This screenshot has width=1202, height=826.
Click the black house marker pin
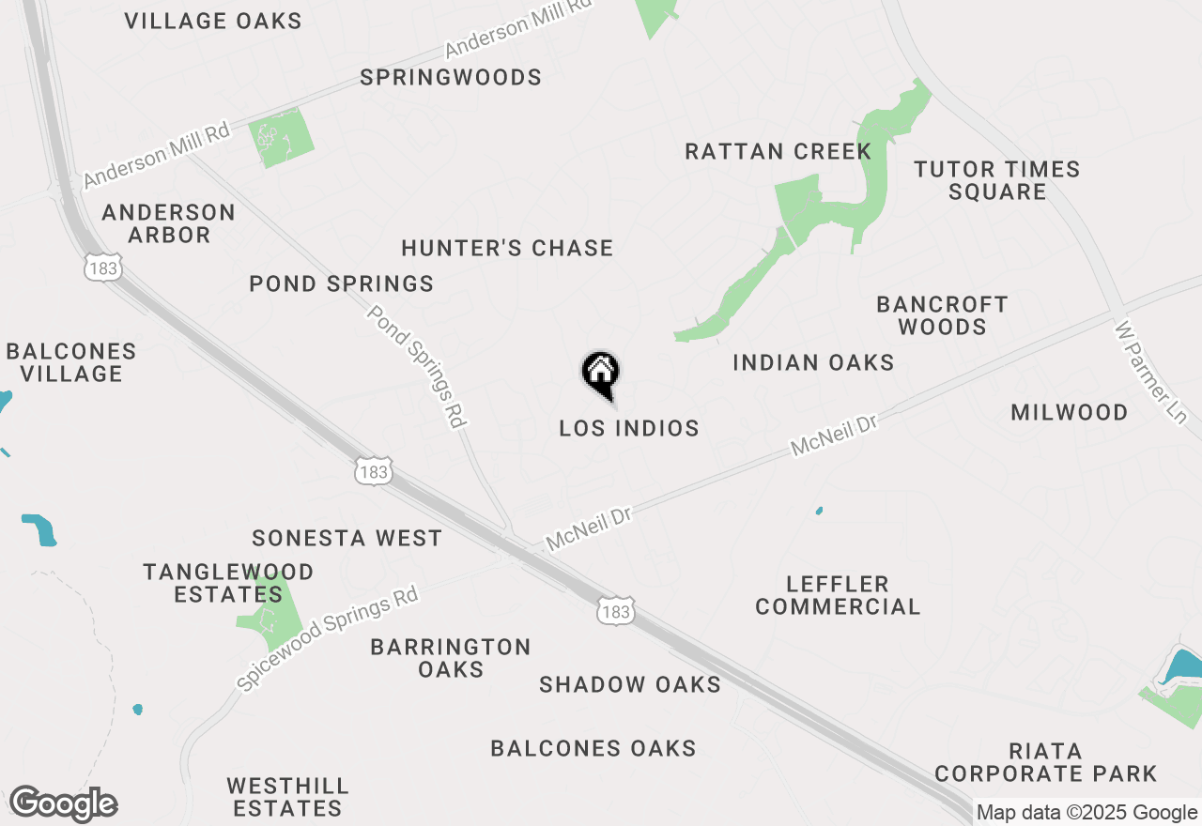tap(601, 375)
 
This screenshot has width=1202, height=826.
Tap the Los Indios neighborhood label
tap(629, 429)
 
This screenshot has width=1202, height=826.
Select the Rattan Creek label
tap(778, 152)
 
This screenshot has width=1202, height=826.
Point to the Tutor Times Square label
tap(997, 180)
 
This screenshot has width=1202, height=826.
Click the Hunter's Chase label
tap(507, 249)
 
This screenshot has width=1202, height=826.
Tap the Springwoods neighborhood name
tap(451, 78)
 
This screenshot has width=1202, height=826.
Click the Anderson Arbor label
tap(169, 223)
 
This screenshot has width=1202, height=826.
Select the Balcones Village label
tap(71, 362)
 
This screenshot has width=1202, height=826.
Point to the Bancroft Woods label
tap(942, 315)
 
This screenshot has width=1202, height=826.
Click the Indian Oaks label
tap(813, 363)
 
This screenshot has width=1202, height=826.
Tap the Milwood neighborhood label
tap(1070, 413)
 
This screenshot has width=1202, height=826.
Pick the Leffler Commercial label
tap(838, 595)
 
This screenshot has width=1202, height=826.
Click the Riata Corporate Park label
tap(1046, 762)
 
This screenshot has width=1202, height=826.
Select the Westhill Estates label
tap(287, 796)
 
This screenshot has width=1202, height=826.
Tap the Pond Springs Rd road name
tap(417, 366)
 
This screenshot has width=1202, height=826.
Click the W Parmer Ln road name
tap(1151, 372)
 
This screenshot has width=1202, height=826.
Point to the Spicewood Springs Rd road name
tap(327, 639)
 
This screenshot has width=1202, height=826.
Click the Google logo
tap(63, 804)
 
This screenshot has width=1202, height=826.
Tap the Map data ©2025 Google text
tap(1086, 813)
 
